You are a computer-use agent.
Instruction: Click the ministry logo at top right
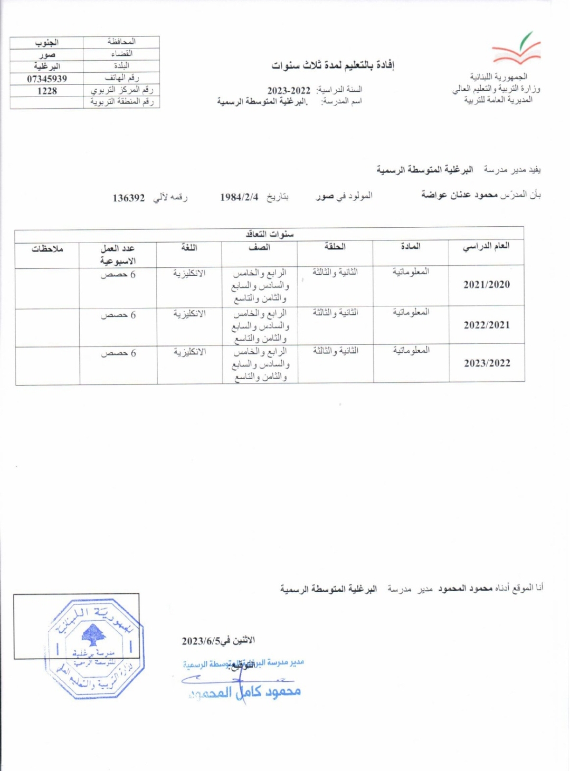516,49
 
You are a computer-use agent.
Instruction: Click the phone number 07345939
47,79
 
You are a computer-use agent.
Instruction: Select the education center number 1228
47,91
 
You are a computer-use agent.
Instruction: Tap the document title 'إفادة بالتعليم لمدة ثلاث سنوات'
333,65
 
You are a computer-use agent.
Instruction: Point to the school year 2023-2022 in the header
289,90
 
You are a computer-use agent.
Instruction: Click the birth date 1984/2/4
239,197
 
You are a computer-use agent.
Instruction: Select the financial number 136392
128,198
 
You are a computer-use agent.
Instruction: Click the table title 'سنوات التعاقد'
270,234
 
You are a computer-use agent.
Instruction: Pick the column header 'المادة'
411,246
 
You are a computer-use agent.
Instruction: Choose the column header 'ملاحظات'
47,248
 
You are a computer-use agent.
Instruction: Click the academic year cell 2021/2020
487,285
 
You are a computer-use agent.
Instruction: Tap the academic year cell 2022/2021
487,325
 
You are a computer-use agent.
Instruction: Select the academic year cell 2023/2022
487,363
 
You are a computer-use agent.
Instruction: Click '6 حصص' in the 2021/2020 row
118,275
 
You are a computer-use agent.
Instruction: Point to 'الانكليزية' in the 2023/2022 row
189,352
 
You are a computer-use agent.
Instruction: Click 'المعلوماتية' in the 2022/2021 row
411,312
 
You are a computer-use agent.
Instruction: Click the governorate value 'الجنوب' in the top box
47,42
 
